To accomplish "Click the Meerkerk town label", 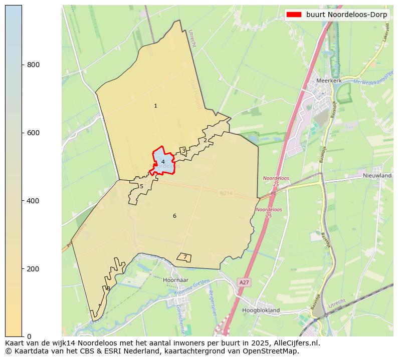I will click(328, 80).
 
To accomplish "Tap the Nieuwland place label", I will click(377, 176).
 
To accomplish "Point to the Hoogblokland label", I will click(261, 310).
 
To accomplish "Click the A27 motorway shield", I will click(244, 283).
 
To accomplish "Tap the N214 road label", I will click(226, 193).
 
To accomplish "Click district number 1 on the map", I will click(155, 106).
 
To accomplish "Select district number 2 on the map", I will click(205, 140).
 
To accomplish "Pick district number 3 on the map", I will click(183, 151).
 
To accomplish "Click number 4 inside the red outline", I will click(163, 162).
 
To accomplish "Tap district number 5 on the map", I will click(141, 187).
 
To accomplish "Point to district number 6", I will click(174, 216).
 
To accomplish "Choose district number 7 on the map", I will click(184, 257).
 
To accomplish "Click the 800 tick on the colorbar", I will click(33, 65).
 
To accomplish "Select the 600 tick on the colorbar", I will click(33, 133).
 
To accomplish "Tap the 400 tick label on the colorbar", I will click(33, 201).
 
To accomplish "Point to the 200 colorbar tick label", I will click(33, 269).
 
